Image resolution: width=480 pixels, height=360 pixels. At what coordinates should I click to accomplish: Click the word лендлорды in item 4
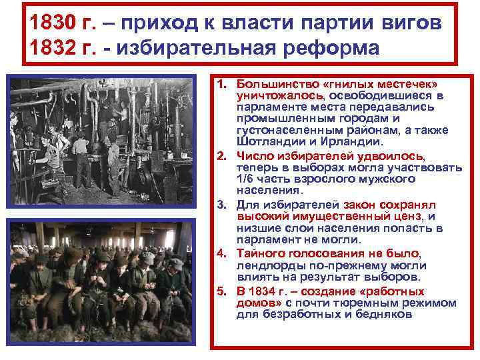(266, 265)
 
